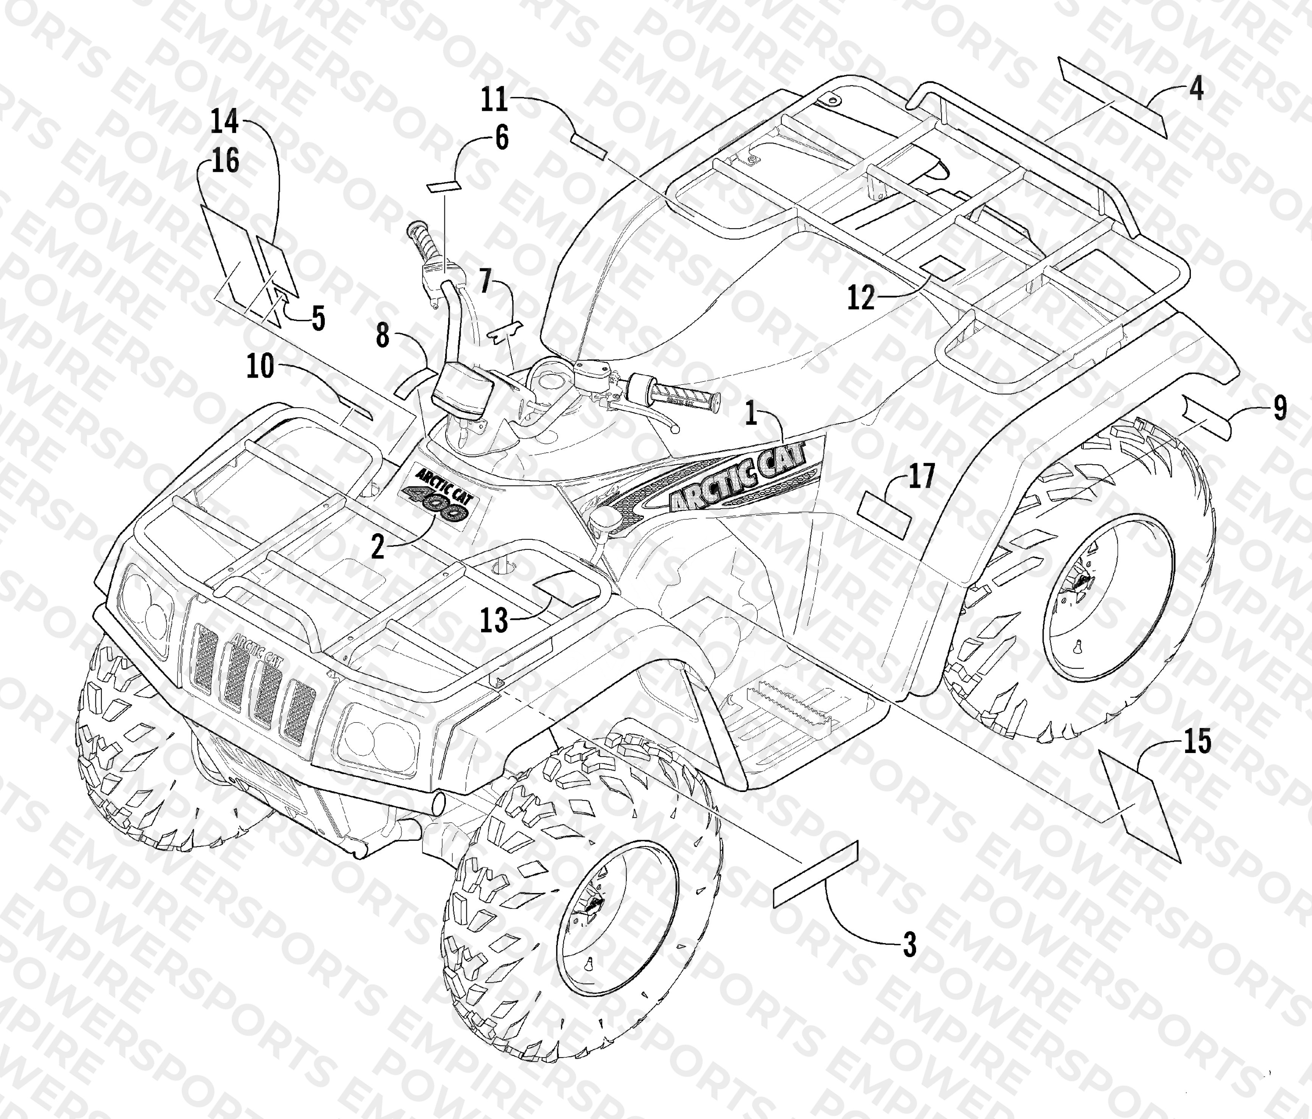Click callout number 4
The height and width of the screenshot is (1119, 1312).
coord(1195,89)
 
